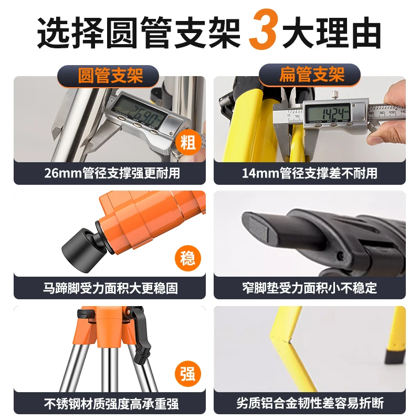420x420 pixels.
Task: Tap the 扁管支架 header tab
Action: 311,76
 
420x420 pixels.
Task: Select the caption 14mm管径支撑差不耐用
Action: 310,173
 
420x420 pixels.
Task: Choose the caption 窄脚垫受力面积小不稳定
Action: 310,288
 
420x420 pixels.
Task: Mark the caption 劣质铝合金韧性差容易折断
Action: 310,404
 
